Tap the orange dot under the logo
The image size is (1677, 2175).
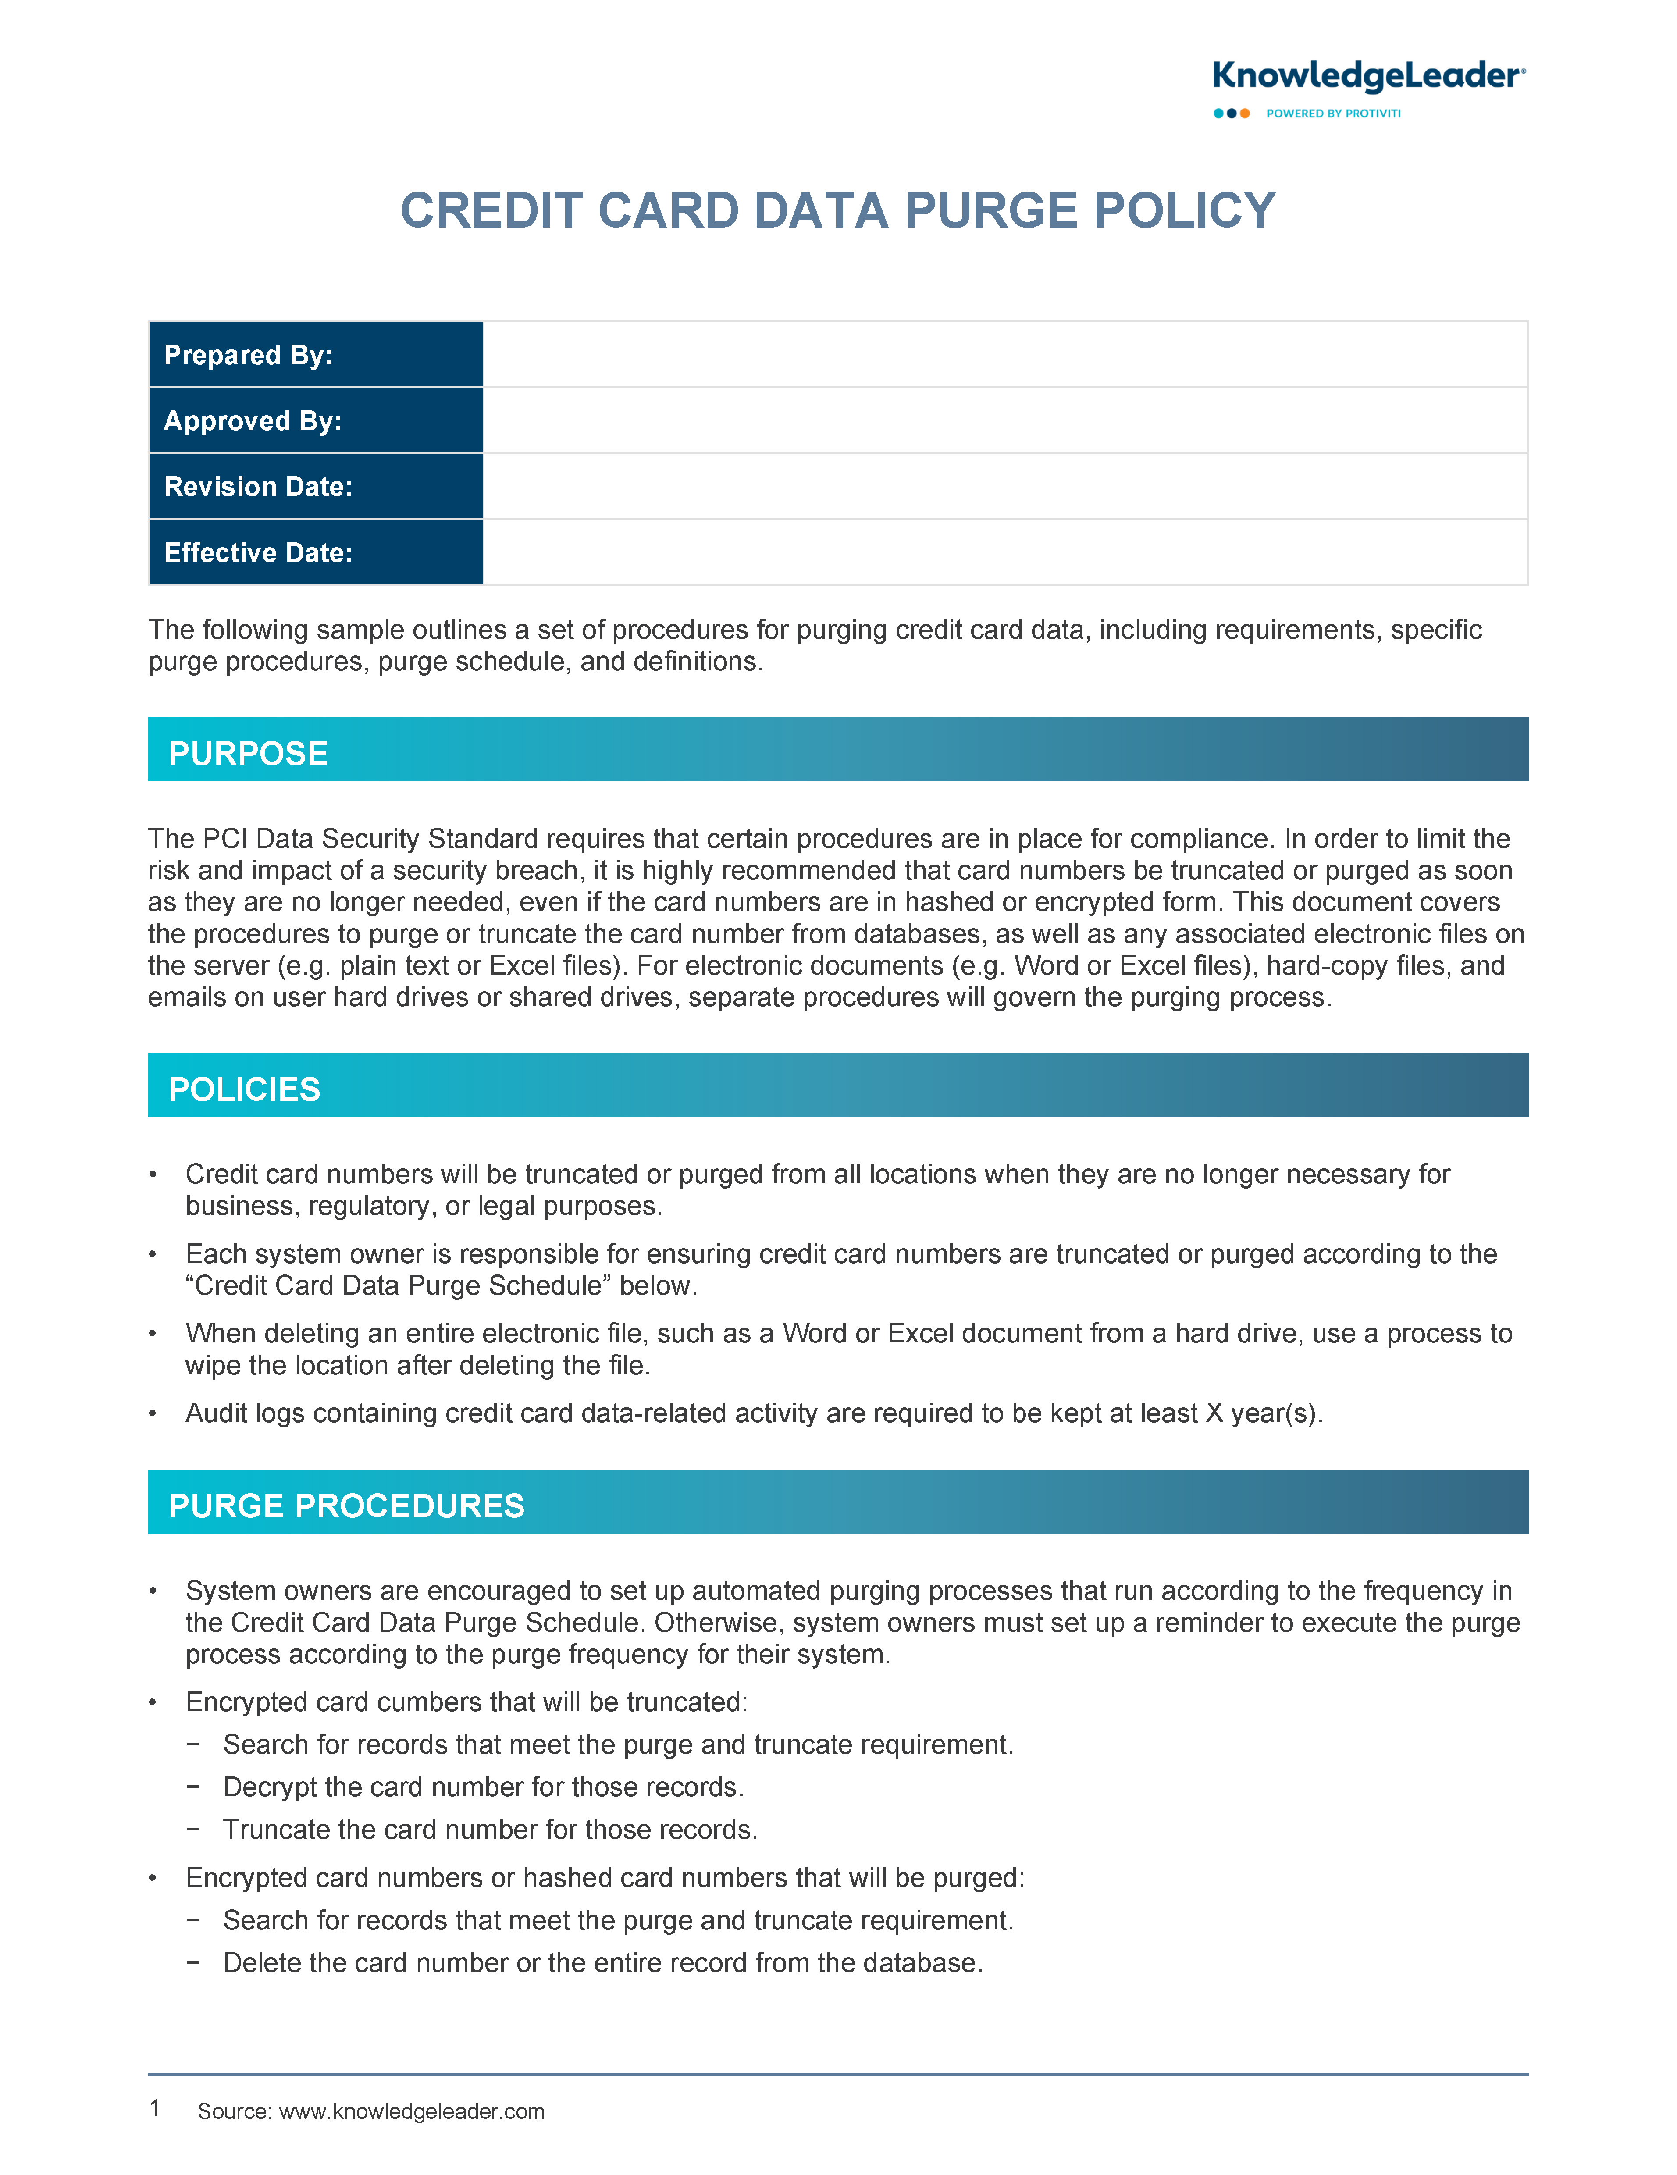tap(1245, 114)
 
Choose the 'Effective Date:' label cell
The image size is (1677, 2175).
tap(315, 553)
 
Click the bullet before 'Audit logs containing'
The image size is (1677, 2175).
tap(153, 1414)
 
